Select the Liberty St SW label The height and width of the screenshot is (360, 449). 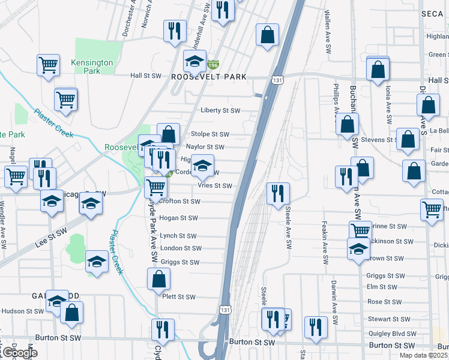[x=220, y=110]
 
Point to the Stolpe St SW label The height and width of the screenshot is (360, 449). [x=209, y=134]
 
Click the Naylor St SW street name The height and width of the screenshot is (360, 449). [x=205, y=147]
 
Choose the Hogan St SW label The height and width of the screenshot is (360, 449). [x=179, y=218]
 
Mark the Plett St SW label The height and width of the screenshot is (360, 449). [x=179, y=297]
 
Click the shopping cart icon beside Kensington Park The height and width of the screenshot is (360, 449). [x=48, y=65]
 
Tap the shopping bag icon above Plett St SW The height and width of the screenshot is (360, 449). [x=159, y=279]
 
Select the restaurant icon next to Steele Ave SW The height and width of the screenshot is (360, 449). [x=277, y=193]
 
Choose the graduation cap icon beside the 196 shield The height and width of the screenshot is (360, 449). [x=194, y=61]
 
